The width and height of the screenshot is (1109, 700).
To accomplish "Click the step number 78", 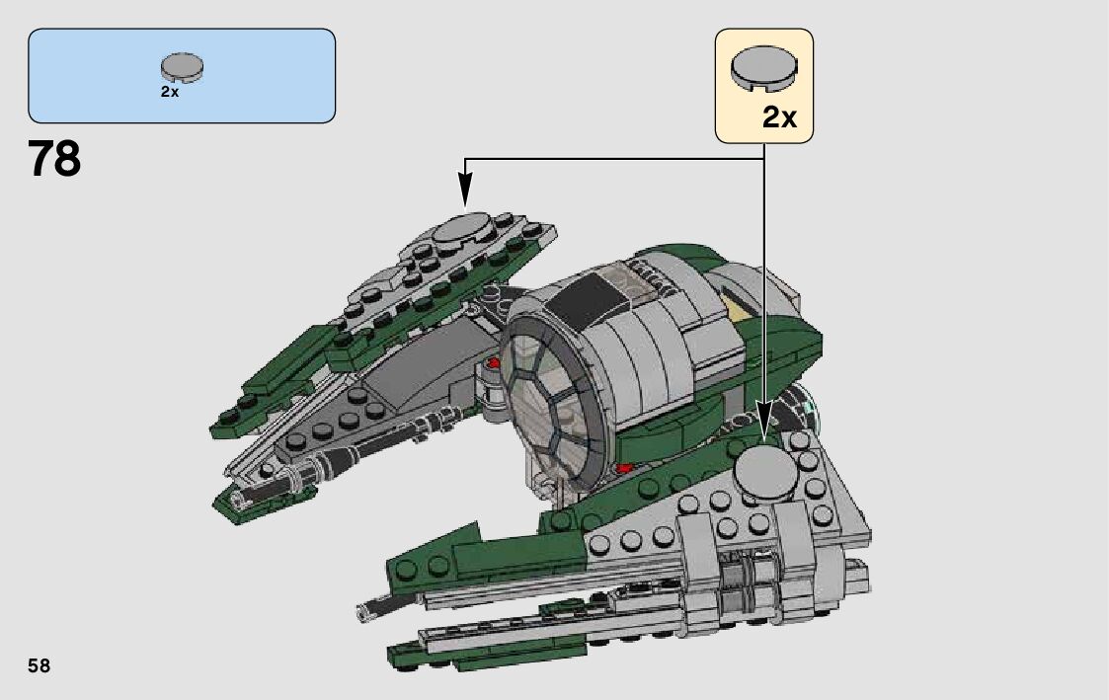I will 55,159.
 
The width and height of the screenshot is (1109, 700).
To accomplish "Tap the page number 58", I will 39,665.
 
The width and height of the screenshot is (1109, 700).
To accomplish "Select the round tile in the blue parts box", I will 182,68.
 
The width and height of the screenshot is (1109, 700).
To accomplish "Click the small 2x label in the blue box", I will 170,92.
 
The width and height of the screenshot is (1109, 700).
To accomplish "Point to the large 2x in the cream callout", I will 779,118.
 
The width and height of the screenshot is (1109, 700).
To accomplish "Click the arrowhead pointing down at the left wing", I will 465,188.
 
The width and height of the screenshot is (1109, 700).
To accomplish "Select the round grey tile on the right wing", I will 766,468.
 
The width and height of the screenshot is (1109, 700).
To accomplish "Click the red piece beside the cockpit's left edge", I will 492,363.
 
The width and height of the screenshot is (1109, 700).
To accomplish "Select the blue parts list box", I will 182,75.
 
